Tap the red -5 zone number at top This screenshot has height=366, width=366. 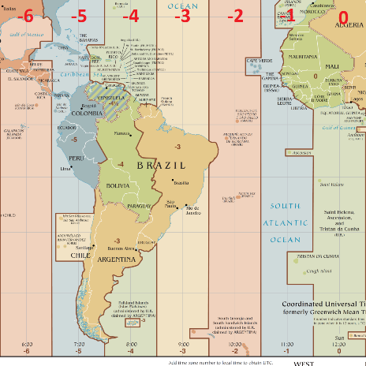coord(79,16)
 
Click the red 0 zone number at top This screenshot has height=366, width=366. coord(342,16)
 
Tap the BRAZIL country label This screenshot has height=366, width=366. coord(162,166)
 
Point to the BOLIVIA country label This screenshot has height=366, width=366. coord(118,185)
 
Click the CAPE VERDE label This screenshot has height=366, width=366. coord(260,61)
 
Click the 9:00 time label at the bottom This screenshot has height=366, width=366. coord(183,344)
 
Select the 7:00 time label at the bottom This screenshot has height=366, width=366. coord(79,344)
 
